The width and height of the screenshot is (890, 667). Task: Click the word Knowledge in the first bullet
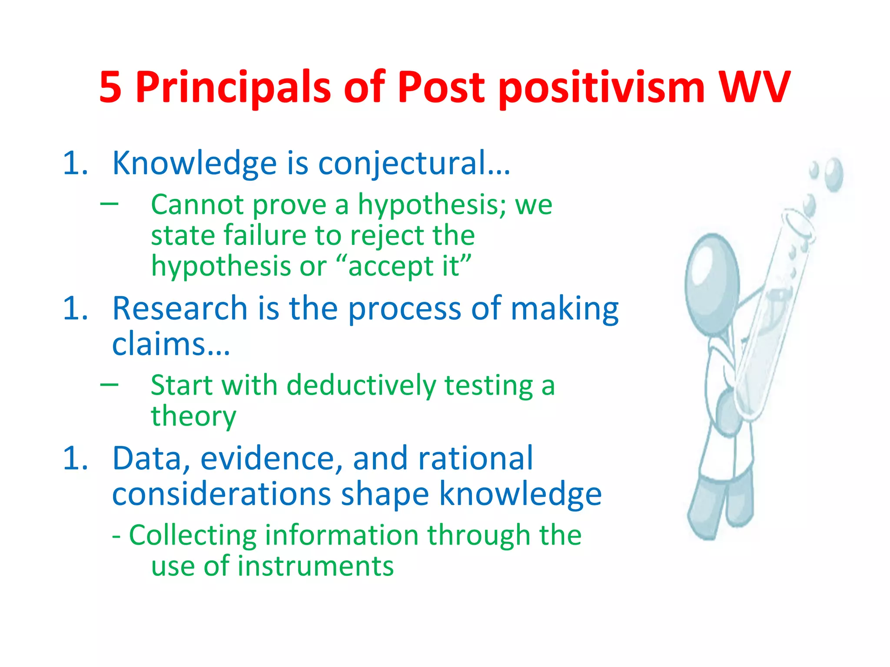tap(194, 163)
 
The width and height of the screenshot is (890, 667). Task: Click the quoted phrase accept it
tap(404, 266)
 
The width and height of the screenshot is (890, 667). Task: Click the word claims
tap(170, 344)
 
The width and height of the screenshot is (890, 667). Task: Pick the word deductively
tap(361, 386)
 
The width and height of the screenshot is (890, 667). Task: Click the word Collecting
tap(193, 535)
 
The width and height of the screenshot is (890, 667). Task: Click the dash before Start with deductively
tap(109, 384)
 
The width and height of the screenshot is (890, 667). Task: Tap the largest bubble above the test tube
tap(834, 175)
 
